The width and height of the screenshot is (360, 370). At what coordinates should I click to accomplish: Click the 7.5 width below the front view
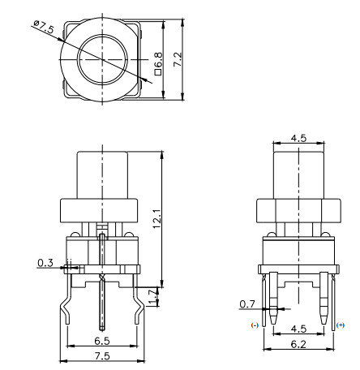[x=102, y=355]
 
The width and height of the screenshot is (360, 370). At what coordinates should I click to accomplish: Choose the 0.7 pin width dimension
[x=248, y=304]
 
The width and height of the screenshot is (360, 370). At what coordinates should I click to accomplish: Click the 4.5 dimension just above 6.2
[x=298, y=329]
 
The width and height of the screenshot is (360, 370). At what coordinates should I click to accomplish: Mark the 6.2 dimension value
[x=298, y=343]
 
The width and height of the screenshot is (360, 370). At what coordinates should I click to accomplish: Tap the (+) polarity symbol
[x=340, y=325]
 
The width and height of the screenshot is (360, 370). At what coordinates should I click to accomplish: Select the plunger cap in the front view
[x=102, y=174]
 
